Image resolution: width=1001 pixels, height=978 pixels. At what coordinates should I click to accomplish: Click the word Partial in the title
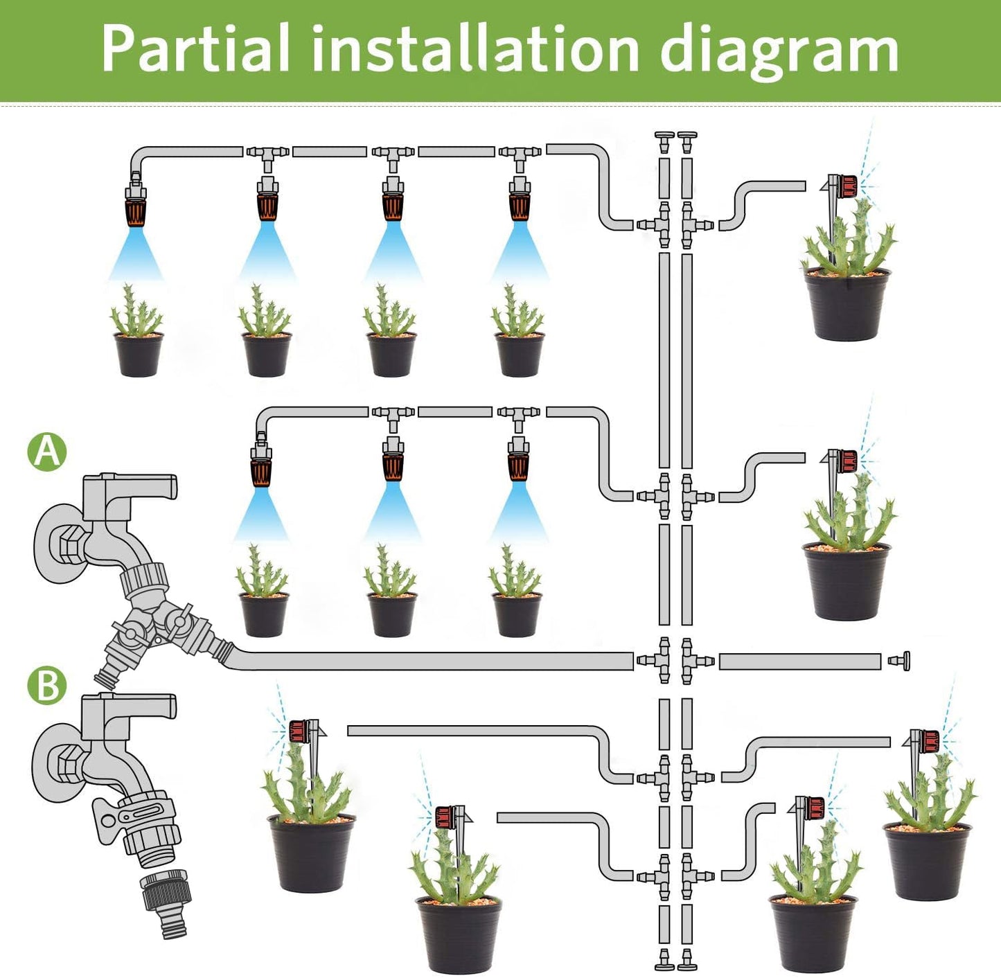tap(195, 48)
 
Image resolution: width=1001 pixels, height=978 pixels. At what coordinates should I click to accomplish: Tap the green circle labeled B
tap(47, 686)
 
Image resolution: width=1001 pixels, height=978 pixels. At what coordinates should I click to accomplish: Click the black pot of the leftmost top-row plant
tap(139, 355)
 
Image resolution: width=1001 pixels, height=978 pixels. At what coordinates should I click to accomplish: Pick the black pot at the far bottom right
tap(928, 862)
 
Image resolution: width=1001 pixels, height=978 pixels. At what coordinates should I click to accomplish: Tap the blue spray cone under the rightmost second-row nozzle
tap(519, 513)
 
